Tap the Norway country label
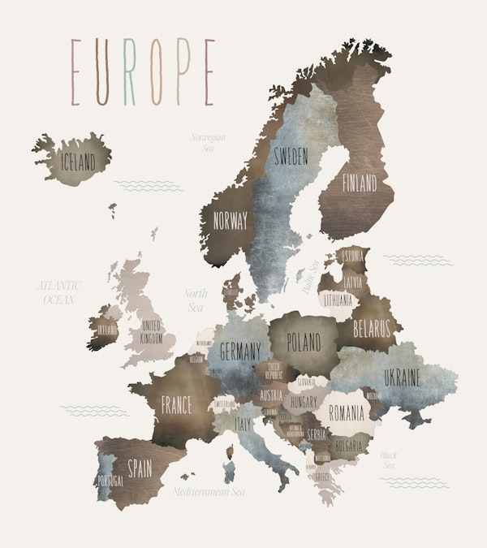tap(230, 219)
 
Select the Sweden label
tap(291, 157)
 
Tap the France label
tap(176, 403)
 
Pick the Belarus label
tap(373, 329)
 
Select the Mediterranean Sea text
tap(209, 491)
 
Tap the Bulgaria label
tap(347, 447)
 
